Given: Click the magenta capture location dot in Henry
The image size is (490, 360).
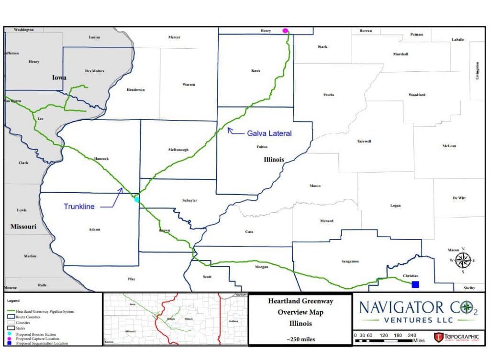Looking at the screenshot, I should [x=286, y=31].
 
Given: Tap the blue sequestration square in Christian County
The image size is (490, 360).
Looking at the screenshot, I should [x=415, y=284].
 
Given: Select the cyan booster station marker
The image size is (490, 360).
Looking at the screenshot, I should [x=137, y=199].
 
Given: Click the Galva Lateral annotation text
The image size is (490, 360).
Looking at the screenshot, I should [x=269, y=133].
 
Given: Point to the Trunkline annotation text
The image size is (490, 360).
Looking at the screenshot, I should [x=79, y=207].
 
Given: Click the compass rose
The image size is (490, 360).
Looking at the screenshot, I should [x=463, y=261].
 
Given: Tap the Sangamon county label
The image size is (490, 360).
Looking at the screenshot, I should [x=350, y=261].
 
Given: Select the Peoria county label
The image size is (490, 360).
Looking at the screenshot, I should [x=329, y=95].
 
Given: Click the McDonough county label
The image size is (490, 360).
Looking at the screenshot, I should [x=178, y=150].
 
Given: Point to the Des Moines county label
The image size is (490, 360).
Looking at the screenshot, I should [x=94, y=71].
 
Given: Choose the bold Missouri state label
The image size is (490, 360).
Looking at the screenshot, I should [x=23, y=226].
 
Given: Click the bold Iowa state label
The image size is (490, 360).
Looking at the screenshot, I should [x=59, y=77].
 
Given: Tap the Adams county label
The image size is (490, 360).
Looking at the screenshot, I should [x=95, y=229].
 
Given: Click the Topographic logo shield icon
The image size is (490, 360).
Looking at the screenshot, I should [x=438, y=338].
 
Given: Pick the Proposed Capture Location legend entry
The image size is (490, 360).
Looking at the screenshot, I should [x=41, y=338].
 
